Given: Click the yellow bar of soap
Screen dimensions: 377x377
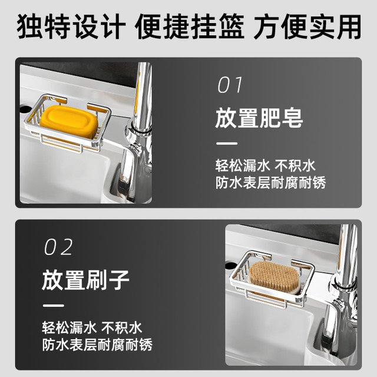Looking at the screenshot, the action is tap(69, 121).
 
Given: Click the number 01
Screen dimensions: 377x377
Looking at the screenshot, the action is tap(230, 85).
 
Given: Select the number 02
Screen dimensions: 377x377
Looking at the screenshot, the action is tap(58, 247).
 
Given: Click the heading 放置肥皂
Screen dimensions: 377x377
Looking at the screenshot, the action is tap(259, 118).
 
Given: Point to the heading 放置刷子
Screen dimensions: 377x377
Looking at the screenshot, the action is tap(85, 280).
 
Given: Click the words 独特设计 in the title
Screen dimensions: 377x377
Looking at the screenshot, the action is tap(71, 27).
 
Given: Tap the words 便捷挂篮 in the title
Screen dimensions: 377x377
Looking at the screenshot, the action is tap(190, 27).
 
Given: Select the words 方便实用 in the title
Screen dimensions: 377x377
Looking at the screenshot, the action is tap(307, 27).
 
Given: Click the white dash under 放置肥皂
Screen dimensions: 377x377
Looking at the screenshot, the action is tap(227, 144).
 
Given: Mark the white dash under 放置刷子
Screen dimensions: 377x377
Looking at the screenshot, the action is tap(54, 306).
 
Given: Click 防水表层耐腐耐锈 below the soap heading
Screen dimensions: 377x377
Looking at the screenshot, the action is tap(271, 183).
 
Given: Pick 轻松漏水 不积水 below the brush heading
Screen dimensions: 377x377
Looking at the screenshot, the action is tap(92, 328).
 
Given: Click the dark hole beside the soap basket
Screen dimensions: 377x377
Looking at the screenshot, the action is tap(25, 109).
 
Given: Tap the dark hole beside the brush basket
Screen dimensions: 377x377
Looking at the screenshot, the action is tap(230, 266).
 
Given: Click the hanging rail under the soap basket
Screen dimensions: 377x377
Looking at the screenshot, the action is tap(61, 144).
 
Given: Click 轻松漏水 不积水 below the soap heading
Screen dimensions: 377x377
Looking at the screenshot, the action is tap(265, 166).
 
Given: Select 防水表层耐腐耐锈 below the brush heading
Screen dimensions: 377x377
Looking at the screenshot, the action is tap(97, 345).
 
